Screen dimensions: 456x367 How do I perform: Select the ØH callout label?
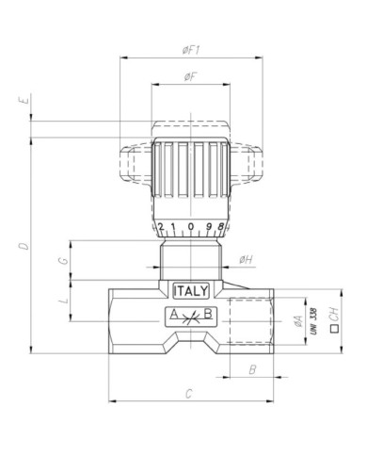pyautogui.click(x=245, y=258)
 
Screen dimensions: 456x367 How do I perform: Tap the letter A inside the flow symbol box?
pyautogui.click(x=173, y=315)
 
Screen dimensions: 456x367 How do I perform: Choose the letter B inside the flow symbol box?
pyautogui.click(x=209, y=315)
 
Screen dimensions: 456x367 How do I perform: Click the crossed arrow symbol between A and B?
pyautogui.click(x=191, y=315)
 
